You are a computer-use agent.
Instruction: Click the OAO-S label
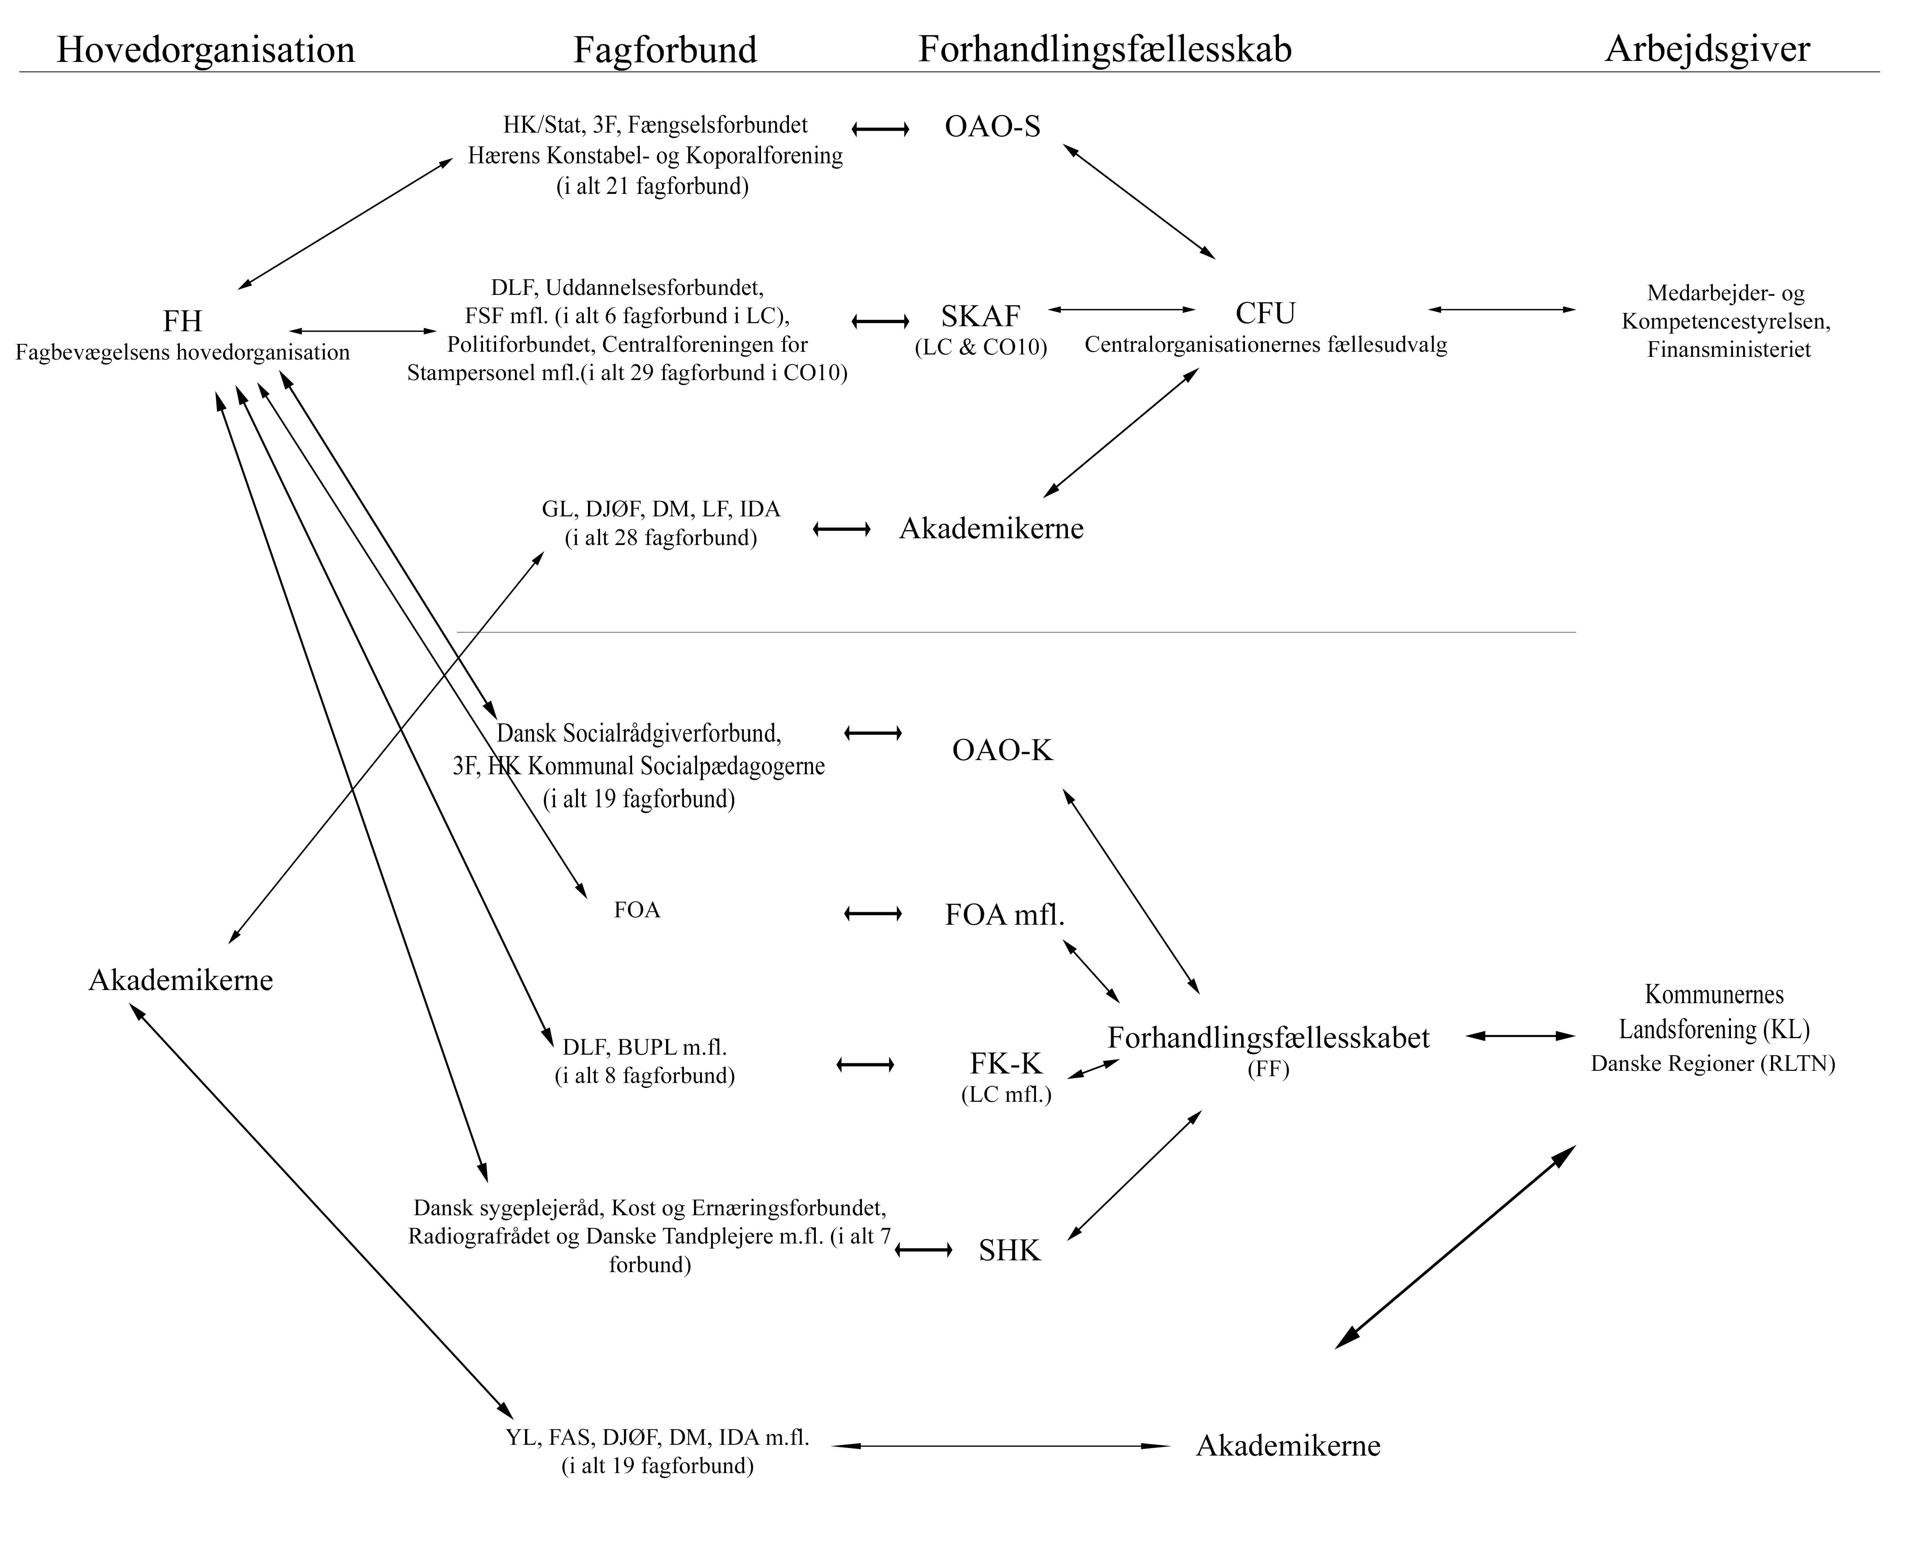(x=992, y=127)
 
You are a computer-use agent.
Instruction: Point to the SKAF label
(x=980, y=316)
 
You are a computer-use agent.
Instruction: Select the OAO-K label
(x=1002, y=750)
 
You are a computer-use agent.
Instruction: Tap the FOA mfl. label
(x=1004, y=915)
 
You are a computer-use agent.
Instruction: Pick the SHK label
(x=1009, y=1250)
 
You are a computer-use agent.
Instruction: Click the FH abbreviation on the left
(x=182, y=321)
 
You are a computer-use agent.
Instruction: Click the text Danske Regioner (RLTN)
(x=1713, y=1064)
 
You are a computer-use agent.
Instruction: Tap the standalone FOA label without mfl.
(x=636, y=910)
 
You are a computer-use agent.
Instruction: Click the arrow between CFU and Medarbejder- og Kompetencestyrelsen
(x=1501, y=310)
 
